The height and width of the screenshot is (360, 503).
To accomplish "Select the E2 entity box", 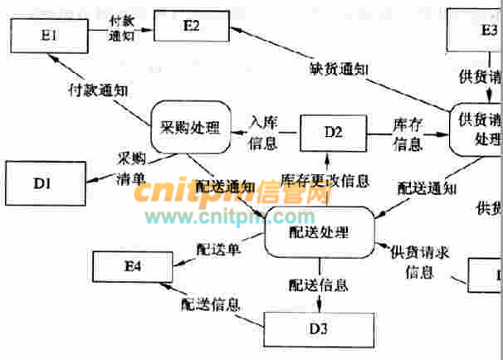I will coord(192,27).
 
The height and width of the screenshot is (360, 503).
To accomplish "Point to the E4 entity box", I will coord(134,267).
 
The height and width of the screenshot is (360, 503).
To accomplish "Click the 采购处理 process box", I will coord(190,127).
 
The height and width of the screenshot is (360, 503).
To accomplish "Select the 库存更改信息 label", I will coord(325,179).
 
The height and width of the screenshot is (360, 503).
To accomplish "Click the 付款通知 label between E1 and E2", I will coord(123,30).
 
